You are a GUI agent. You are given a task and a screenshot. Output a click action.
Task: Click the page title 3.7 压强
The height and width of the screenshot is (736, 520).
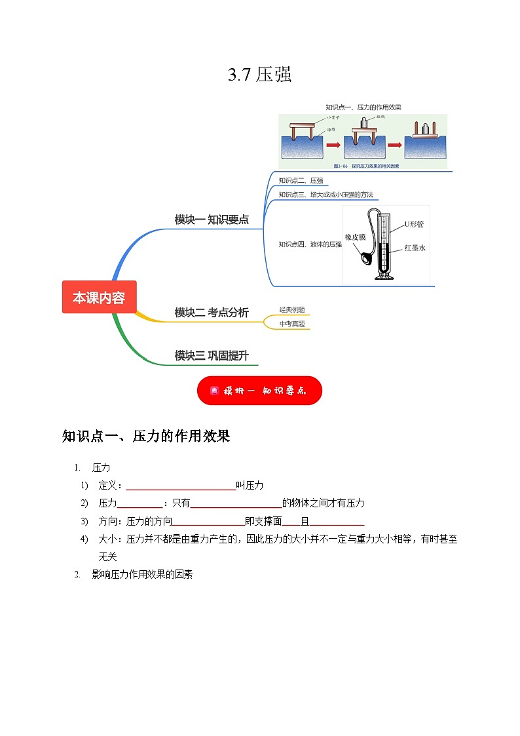click(x=259, y=75)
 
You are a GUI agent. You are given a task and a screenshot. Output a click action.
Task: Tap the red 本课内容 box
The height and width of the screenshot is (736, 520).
click(x=99, y=297)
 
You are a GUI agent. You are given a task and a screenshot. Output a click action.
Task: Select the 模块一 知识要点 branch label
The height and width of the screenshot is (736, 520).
click(x=212, y=220)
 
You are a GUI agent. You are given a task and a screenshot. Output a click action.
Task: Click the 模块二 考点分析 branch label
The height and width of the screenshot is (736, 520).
click(x=212, y=313)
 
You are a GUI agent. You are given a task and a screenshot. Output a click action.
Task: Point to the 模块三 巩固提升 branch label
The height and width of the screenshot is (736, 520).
click(x=212, y=355)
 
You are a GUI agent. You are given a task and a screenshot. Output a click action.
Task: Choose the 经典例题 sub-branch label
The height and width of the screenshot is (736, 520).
click(x=291, y=309)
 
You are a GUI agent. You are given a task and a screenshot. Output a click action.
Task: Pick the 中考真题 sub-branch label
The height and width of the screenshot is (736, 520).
click(x=291, y=323)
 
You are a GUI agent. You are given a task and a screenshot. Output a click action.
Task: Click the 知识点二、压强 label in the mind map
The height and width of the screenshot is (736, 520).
click(x=301, y=180)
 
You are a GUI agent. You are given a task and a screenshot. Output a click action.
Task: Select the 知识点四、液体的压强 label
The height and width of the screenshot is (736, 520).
click(x=310, y=244)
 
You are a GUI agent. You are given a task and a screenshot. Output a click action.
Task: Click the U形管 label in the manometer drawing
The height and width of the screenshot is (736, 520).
click(x=414, y=224)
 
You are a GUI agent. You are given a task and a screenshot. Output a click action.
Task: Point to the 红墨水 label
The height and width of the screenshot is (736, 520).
click(x=415, y=248)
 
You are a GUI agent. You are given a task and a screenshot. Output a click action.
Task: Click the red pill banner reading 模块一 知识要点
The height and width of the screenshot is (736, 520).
click(x=259, y=391)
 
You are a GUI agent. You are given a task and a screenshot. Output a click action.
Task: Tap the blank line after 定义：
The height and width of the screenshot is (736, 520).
click(x=181, y=486)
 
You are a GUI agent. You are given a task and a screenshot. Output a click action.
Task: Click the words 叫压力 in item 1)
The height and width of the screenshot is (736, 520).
click(x=250, y=485)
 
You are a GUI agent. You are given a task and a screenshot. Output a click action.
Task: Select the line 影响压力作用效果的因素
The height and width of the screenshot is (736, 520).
click(x=142, y=574)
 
